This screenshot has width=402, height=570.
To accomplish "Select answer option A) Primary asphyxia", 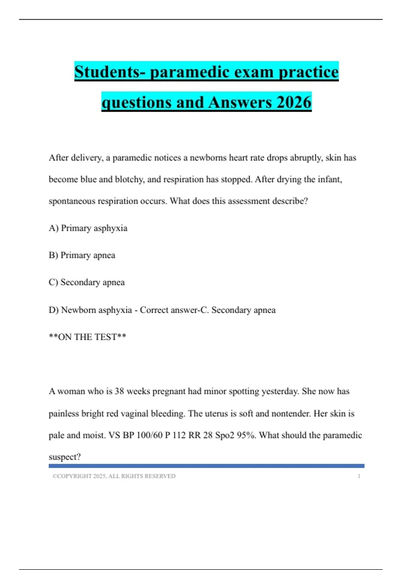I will [x=88, y=228].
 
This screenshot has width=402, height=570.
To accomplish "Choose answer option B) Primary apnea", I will [x=82, y=255].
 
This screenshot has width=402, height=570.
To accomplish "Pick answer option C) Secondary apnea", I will [x=87, y=282].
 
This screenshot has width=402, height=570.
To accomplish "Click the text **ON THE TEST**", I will [x=87, y=337].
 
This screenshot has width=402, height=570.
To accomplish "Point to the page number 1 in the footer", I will [x=359, y=476].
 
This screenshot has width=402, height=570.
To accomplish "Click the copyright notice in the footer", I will [x=114, y=476].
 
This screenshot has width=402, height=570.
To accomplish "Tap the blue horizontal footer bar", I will [x=206, y=466].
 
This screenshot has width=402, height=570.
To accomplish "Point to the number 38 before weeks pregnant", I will [x=119, y=391].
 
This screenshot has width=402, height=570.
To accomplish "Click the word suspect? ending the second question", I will [x=65, y=457].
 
